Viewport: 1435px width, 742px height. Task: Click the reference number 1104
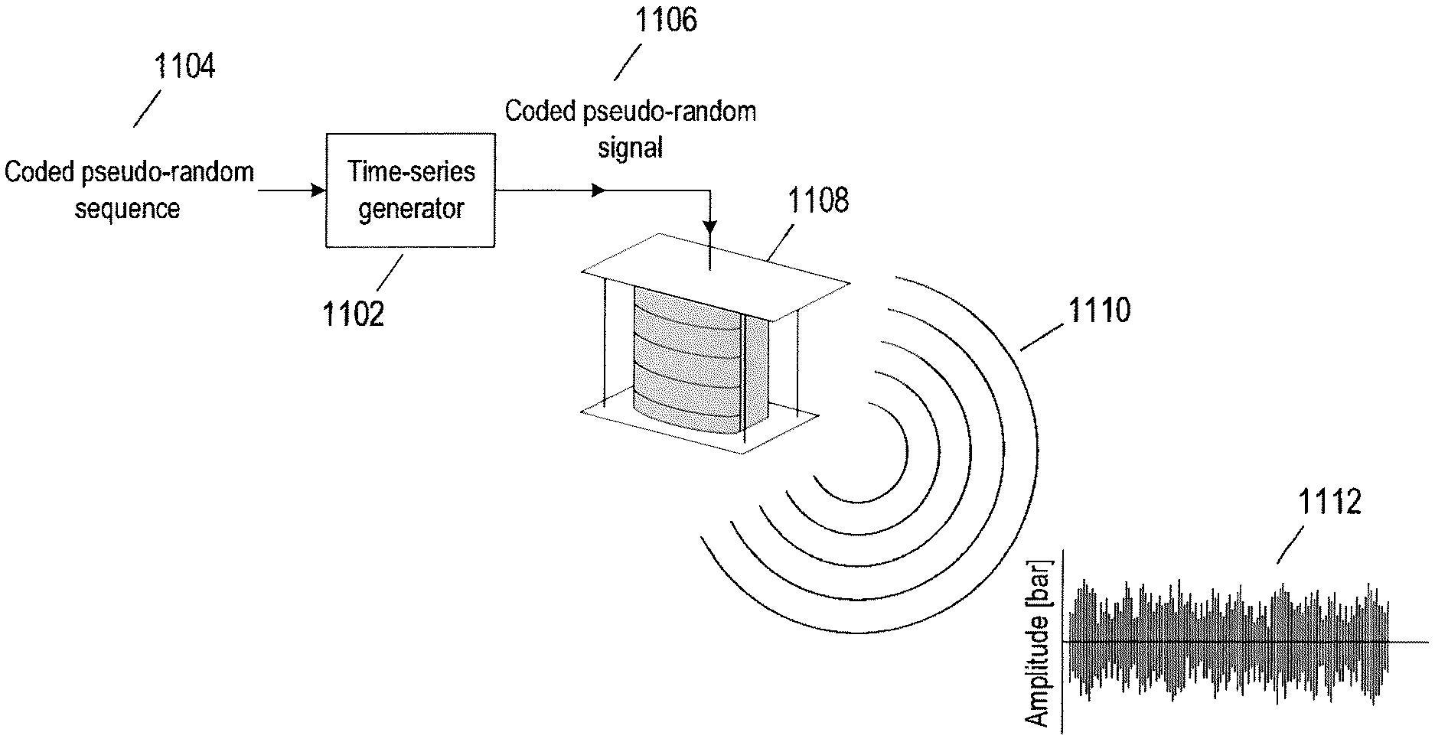184,67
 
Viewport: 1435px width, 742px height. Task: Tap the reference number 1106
666,21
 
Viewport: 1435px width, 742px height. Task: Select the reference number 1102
353,314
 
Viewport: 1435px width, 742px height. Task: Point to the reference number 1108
818,200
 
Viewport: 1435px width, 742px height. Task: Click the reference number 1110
1098,311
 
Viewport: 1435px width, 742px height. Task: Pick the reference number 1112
1329,503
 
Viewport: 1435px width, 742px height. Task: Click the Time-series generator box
410,190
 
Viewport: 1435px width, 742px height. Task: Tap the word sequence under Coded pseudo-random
127,209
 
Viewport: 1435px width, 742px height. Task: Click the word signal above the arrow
630,147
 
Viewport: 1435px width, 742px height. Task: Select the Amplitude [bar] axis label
1039,643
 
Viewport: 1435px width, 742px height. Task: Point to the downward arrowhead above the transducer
710,228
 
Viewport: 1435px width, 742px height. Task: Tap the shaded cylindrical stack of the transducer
689,360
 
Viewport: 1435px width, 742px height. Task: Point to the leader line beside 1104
147,109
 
